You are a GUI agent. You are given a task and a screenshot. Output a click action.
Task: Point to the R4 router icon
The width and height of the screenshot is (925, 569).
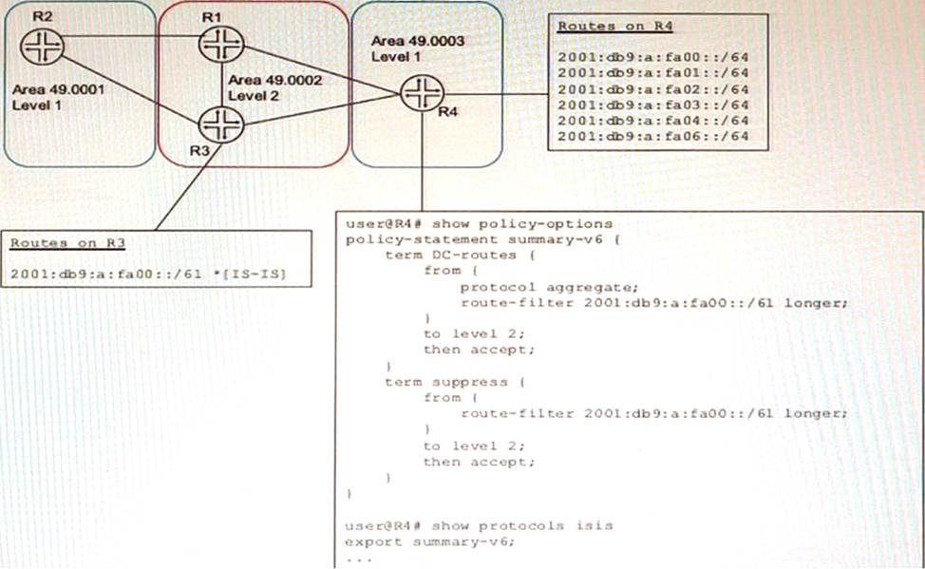tap(418, 91)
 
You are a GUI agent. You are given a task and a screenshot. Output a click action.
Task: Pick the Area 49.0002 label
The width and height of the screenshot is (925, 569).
tap(275, 81)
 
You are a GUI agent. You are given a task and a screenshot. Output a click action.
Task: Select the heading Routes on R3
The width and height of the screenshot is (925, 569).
tap(67, 243)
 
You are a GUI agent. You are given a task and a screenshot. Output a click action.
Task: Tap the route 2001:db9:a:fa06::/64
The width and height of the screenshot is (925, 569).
tap(654, 137)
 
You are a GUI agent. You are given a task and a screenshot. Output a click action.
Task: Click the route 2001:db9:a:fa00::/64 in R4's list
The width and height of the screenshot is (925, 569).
tap(654, 57)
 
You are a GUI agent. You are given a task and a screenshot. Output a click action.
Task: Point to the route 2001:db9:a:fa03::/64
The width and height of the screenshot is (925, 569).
tap(654, 104)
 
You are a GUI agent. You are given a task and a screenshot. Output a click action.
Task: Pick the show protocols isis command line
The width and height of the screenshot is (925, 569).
tap(479, 525)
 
